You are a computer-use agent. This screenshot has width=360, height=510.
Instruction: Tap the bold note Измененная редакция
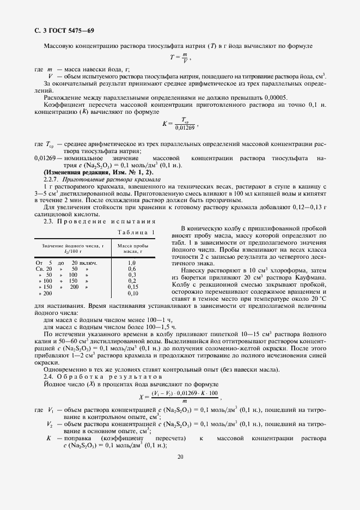click(x=87, y=172)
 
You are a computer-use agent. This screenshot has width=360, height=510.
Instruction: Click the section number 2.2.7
click(x=52, y=179)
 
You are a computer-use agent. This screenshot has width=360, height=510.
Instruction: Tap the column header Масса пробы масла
click(x=133, y=248)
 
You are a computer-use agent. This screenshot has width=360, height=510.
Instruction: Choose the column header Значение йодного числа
click(x=72, y=248)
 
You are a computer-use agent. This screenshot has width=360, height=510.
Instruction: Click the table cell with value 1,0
click(x=132, y=263)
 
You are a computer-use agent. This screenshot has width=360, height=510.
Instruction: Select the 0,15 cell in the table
click(x=132, y=287)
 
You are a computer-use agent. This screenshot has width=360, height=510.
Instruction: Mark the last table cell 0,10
click(x=132, y=293)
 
